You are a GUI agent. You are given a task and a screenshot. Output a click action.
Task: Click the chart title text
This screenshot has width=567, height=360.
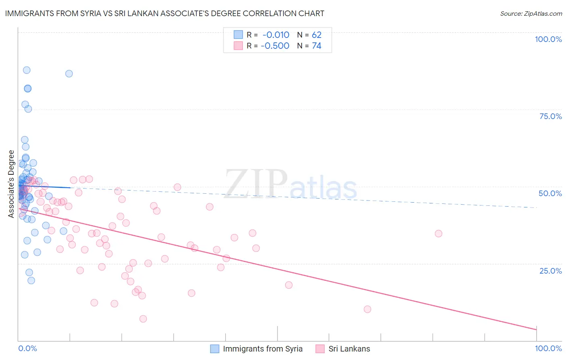pyautogui.click(x=165, y=13)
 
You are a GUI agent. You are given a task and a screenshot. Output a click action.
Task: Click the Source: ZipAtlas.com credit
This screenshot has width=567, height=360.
pyautogui.click(x=531, y=13)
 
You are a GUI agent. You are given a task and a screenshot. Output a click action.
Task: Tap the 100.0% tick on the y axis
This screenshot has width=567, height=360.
pyautogui.click(x=548, y=39)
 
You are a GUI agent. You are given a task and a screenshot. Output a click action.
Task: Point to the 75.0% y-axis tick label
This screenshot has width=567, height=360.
pyautogui.click(x=550, y=116)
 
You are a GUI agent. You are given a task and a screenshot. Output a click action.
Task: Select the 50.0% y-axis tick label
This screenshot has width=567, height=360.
pyautogui.click(x=550, y=193)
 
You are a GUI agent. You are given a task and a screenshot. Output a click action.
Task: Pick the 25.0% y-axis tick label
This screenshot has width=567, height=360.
pyautogui.click(x=550, y=271)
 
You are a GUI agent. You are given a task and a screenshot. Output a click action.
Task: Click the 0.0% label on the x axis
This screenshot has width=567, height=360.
pyautogui.click(x=27, y=348)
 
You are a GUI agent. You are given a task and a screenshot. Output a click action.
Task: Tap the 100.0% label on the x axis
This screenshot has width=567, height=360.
pyautogui.click(x=548, y=348)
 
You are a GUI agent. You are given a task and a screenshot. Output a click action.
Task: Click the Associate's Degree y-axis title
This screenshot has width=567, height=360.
pyautogui.click(x=11, y=184)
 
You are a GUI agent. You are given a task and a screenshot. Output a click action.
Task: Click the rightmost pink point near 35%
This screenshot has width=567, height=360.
pyautogui.click(x=438, y=234)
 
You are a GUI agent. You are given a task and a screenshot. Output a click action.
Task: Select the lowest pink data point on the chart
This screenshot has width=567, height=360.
pyautogui.click(x=143, y=319)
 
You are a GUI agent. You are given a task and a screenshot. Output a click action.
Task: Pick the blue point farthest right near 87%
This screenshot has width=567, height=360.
pyautogui.click(x=69, y=73)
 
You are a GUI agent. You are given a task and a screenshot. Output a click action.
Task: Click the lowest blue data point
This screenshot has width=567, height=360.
pyautogui.click(x=31, y=280)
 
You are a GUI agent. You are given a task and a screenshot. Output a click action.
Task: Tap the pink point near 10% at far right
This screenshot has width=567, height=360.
pyautogui.click(x=367, y=309)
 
